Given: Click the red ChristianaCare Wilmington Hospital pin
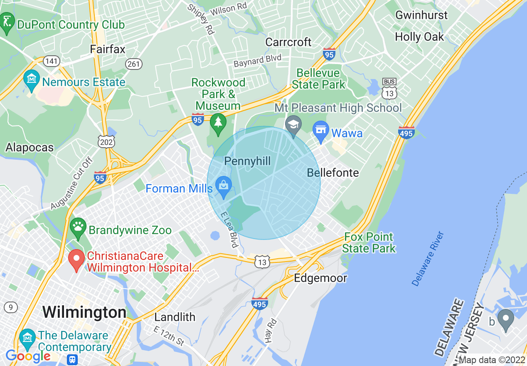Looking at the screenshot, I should click(x=76, y=260).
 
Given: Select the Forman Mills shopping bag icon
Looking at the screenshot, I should click(x=224, y=187).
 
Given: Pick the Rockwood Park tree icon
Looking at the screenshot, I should click(x=218, y=123).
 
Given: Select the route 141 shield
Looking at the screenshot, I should click(x=52, y=62).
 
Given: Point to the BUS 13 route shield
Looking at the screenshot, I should click(x=389, y=89).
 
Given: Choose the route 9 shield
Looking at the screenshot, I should click(x=11, y=308).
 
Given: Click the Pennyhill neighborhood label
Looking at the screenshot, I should click(x=247, y=161).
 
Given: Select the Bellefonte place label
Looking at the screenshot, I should click(x=332, y=173).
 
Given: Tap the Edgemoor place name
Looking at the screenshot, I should click(x=320, y=278).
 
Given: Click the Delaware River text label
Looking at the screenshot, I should click(x=428, y=259).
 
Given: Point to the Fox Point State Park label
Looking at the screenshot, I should click(x=369, y=243).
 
